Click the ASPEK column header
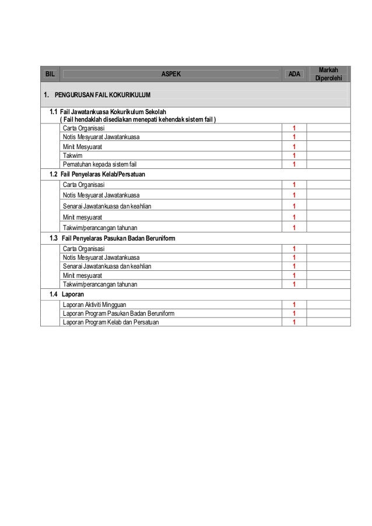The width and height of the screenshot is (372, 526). coord(171,74)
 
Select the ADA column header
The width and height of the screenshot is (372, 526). coord(295,74)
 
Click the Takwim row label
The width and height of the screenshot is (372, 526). coord(73,156)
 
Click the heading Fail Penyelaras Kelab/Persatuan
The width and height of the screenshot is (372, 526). coord(103,174)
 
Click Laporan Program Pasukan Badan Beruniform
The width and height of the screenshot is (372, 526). coord(118,313)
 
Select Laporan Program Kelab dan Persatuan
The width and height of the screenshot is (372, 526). coord(111,322)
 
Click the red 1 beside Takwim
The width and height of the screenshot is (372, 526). coord(294,156)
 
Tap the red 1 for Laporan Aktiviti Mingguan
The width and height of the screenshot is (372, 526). coord(294,305)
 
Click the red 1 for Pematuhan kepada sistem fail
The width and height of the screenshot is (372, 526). coord(294,164)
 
